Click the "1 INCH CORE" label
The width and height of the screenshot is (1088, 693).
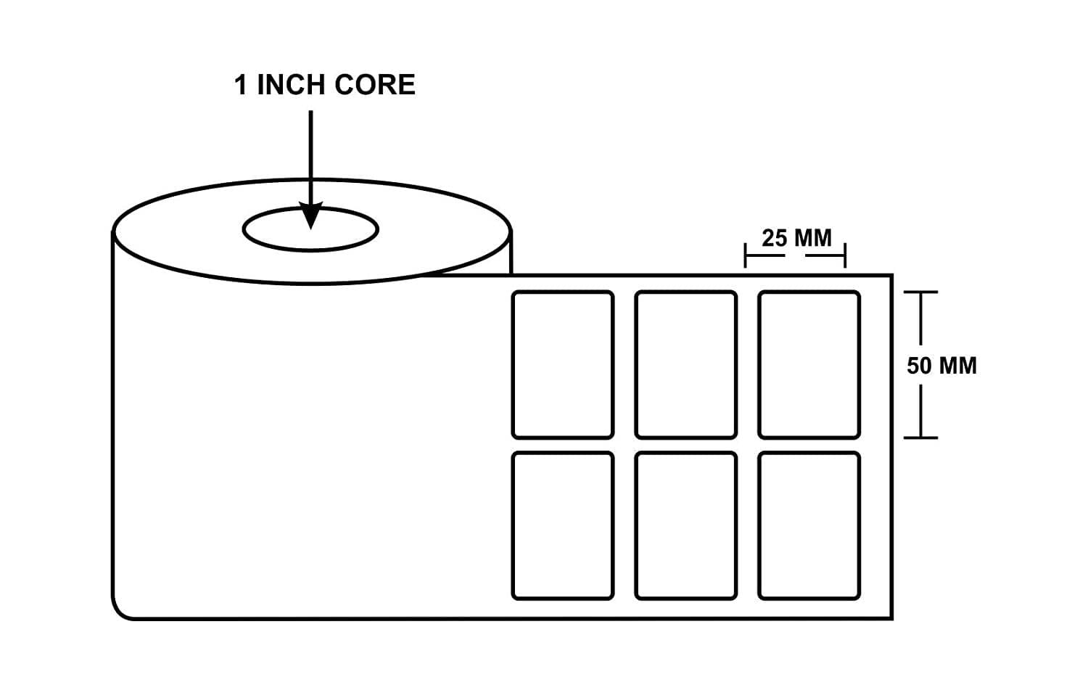point(324,85)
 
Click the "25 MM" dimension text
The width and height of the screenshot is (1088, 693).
point(796,237)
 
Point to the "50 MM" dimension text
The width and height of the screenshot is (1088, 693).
point(941,365)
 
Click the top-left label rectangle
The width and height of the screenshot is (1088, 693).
point(562,364)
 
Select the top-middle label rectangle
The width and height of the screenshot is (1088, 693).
point(685,364)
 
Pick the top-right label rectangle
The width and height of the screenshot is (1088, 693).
point(809,364)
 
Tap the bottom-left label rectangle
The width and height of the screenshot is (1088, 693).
point(562,525)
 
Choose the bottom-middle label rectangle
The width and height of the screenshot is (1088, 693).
point(685,525)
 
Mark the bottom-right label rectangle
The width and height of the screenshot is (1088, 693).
point(809,525)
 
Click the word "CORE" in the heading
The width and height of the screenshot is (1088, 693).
point(375,85)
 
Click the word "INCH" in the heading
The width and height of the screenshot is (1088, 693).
point(292,85)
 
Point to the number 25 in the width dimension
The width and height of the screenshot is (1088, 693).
point(774,237)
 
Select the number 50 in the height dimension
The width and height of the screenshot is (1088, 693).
point(918,365)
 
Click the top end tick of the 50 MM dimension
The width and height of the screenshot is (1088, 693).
point(920,292)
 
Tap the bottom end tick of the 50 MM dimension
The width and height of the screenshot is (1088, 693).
point(920,438)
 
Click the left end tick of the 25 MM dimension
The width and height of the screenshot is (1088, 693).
point(746,255)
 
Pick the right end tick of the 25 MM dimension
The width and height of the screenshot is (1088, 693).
point(845,255)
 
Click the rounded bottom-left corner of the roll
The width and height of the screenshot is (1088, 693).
point(120,611)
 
